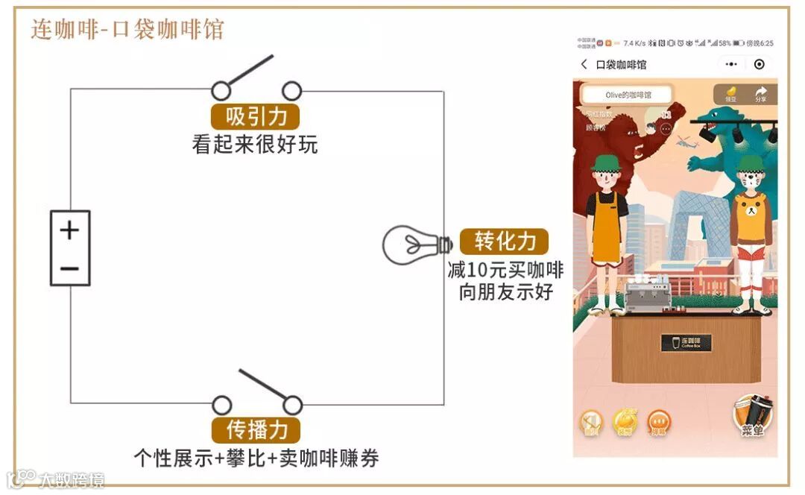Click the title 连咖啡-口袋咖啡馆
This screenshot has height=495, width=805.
[x=127, y=30]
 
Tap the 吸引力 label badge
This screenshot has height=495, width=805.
[x=255, y=116]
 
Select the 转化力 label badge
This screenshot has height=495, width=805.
[x=505, y=241]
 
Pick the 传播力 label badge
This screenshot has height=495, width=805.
[x=255, y=430]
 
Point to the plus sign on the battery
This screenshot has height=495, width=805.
[x=69, y=230]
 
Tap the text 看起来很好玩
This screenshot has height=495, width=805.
[x=255, y=144]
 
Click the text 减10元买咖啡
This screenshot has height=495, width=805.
[x=506, y=268]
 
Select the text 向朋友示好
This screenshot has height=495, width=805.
[x=506, y=291]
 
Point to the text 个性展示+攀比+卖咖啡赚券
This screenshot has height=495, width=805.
[x=256, y=457]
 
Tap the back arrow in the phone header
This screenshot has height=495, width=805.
[x=584, y=65]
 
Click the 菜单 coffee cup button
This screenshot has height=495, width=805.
[x=752, y=417]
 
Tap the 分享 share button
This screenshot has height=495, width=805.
[x=760, y=94]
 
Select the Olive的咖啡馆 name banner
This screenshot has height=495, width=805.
[x=627, y=95]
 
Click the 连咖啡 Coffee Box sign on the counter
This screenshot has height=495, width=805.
[x=686, y=343]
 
